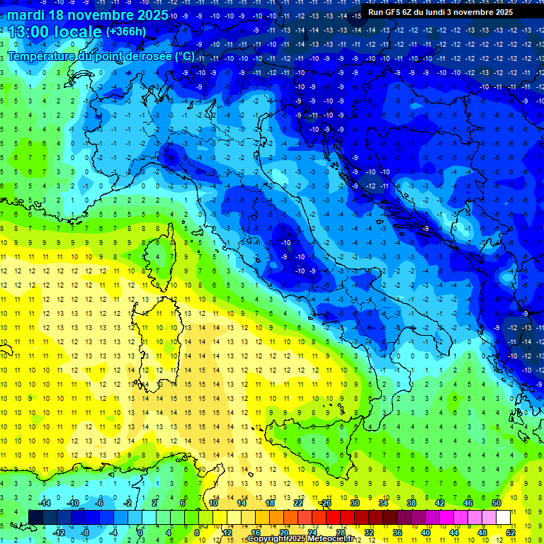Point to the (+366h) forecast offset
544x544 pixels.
tap(125, 32)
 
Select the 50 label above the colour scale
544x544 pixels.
tap(497, 503)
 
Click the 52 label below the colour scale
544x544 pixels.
tap(510, 532)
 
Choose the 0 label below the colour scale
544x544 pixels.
tap(140, 532)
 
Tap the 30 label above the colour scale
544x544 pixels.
tap(354, 503)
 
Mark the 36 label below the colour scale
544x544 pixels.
tap(397, 532)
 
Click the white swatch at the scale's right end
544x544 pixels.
tap(503, 517)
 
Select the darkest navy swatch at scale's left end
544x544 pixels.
tap(35, 517)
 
